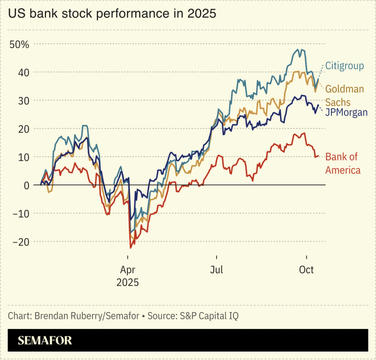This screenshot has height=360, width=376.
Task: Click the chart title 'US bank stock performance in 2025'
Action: pos(112,14)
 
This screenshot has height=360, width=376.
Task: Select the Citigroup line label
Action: pos(345,66)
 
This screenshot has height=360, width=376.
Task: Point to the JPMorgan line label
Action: pos(346,112)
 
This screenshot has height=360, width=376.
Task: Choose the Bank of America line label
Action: pos(343,163)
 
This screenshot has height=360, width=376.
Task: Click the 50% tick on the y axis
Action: pos(19,45)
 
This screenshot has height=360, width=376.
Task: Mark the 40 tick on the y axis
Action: pos(24,72)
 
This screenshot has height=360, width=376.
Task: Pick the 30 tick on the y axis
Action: pos(24,101)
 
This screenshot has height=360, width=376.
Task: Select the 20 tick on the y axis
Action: pos(24,129)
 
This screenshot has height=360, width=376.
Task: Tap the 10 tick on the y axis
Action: pos(24,157)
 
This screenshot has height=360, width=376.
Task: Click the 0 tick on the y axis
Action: pos(26,185)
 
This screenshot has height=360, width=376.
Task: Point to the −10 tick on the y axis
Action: pos(20,214)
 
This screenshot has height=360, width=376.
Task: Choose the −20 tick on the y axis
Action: pos(20,242)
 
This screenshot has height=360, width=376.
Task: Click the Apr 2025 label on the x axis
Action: pos(127,276)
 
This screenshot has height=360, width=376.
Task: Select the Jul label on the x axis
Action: pos(217,271)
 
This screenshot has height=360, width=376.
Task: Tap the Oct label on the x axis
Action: pos(306,271)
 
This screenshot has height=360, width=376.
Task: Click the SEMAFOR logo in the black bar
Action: pos(45,341)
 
